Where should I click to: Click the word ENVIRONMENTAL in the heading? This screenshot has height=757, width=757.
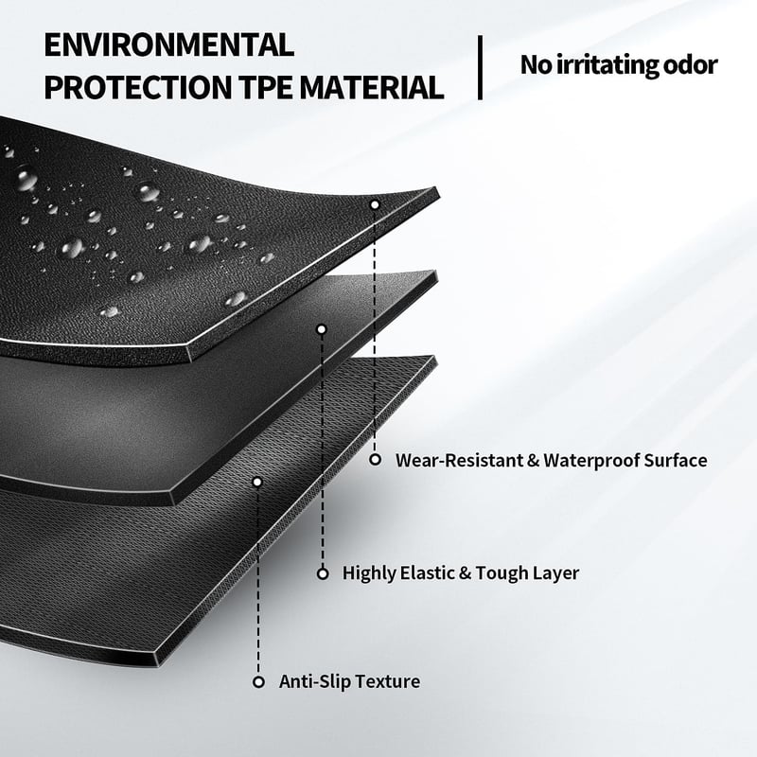point(169,44)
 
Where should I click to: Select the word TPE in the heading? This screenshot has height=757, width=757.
point(265,87)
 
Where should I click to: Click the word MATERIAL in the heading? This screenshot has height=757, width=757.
point(371,87)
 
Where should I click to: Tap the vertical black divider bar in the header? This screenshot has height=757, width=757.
point(480,67)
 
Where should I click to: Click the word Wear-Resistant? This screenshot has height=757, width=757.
point(459,460)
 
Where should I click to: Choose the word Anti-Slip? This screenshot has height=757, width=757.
point(310,681)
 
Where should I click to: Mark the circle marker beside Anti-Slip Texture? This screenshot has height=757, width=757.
point(258,682)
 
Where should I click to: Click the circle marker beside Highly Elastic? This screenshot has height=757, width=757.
point(323,573)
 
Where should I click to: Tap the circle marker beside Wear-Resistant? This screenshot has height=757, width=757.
point(375,460)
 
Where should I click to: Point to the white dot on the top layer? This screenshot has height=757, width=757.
point(375,204)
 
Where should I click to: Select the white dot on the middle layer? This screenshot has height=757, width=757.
point(322,329)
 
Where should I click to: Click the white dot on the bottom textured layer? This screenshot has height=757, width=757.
point(257,482)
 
